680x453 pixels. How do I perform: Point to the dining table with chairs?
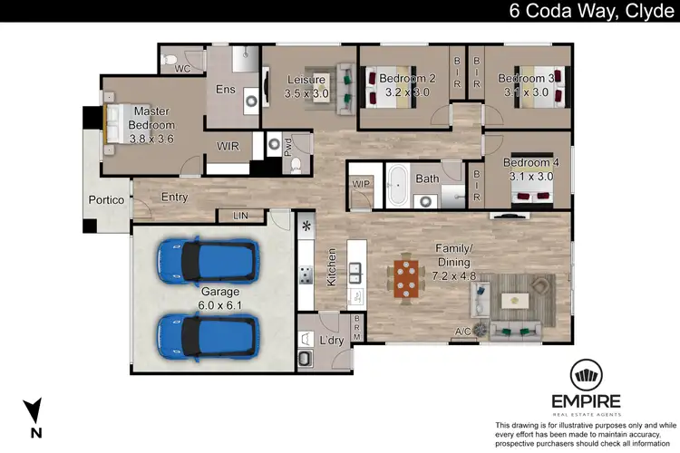[x=408, y=279]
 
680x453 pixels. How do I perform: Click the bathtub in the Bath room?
[x=396, y=184]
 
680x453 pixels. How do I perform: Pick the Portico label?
[x=105, y=200]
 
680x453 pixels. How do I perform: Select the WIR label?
[x=228, y=146]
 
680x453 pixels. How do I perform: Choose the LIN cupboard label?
[x=240, y=216]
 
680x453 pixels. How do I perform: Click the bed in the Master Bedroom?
[x=113, y=124]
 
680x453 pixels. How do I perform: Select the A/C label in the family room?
[x=461, y=331]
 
